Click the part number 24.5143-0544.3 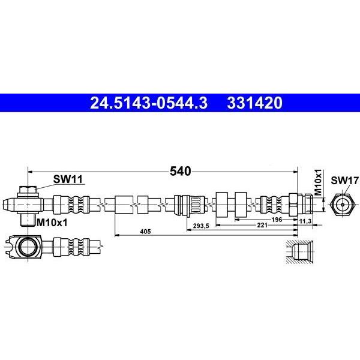click(149, 103)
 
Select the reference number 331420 click(254, 103)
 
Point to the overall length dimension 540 click(180, 171)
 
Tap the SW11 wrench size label click(68, 179)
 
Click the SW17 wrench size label click(344, 181)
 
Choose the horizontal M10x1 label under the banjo click(52, 222)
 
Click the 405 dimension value click(146, 232)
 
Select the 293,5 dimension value click(201, 226)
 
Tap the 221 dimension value click(262, 225)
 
